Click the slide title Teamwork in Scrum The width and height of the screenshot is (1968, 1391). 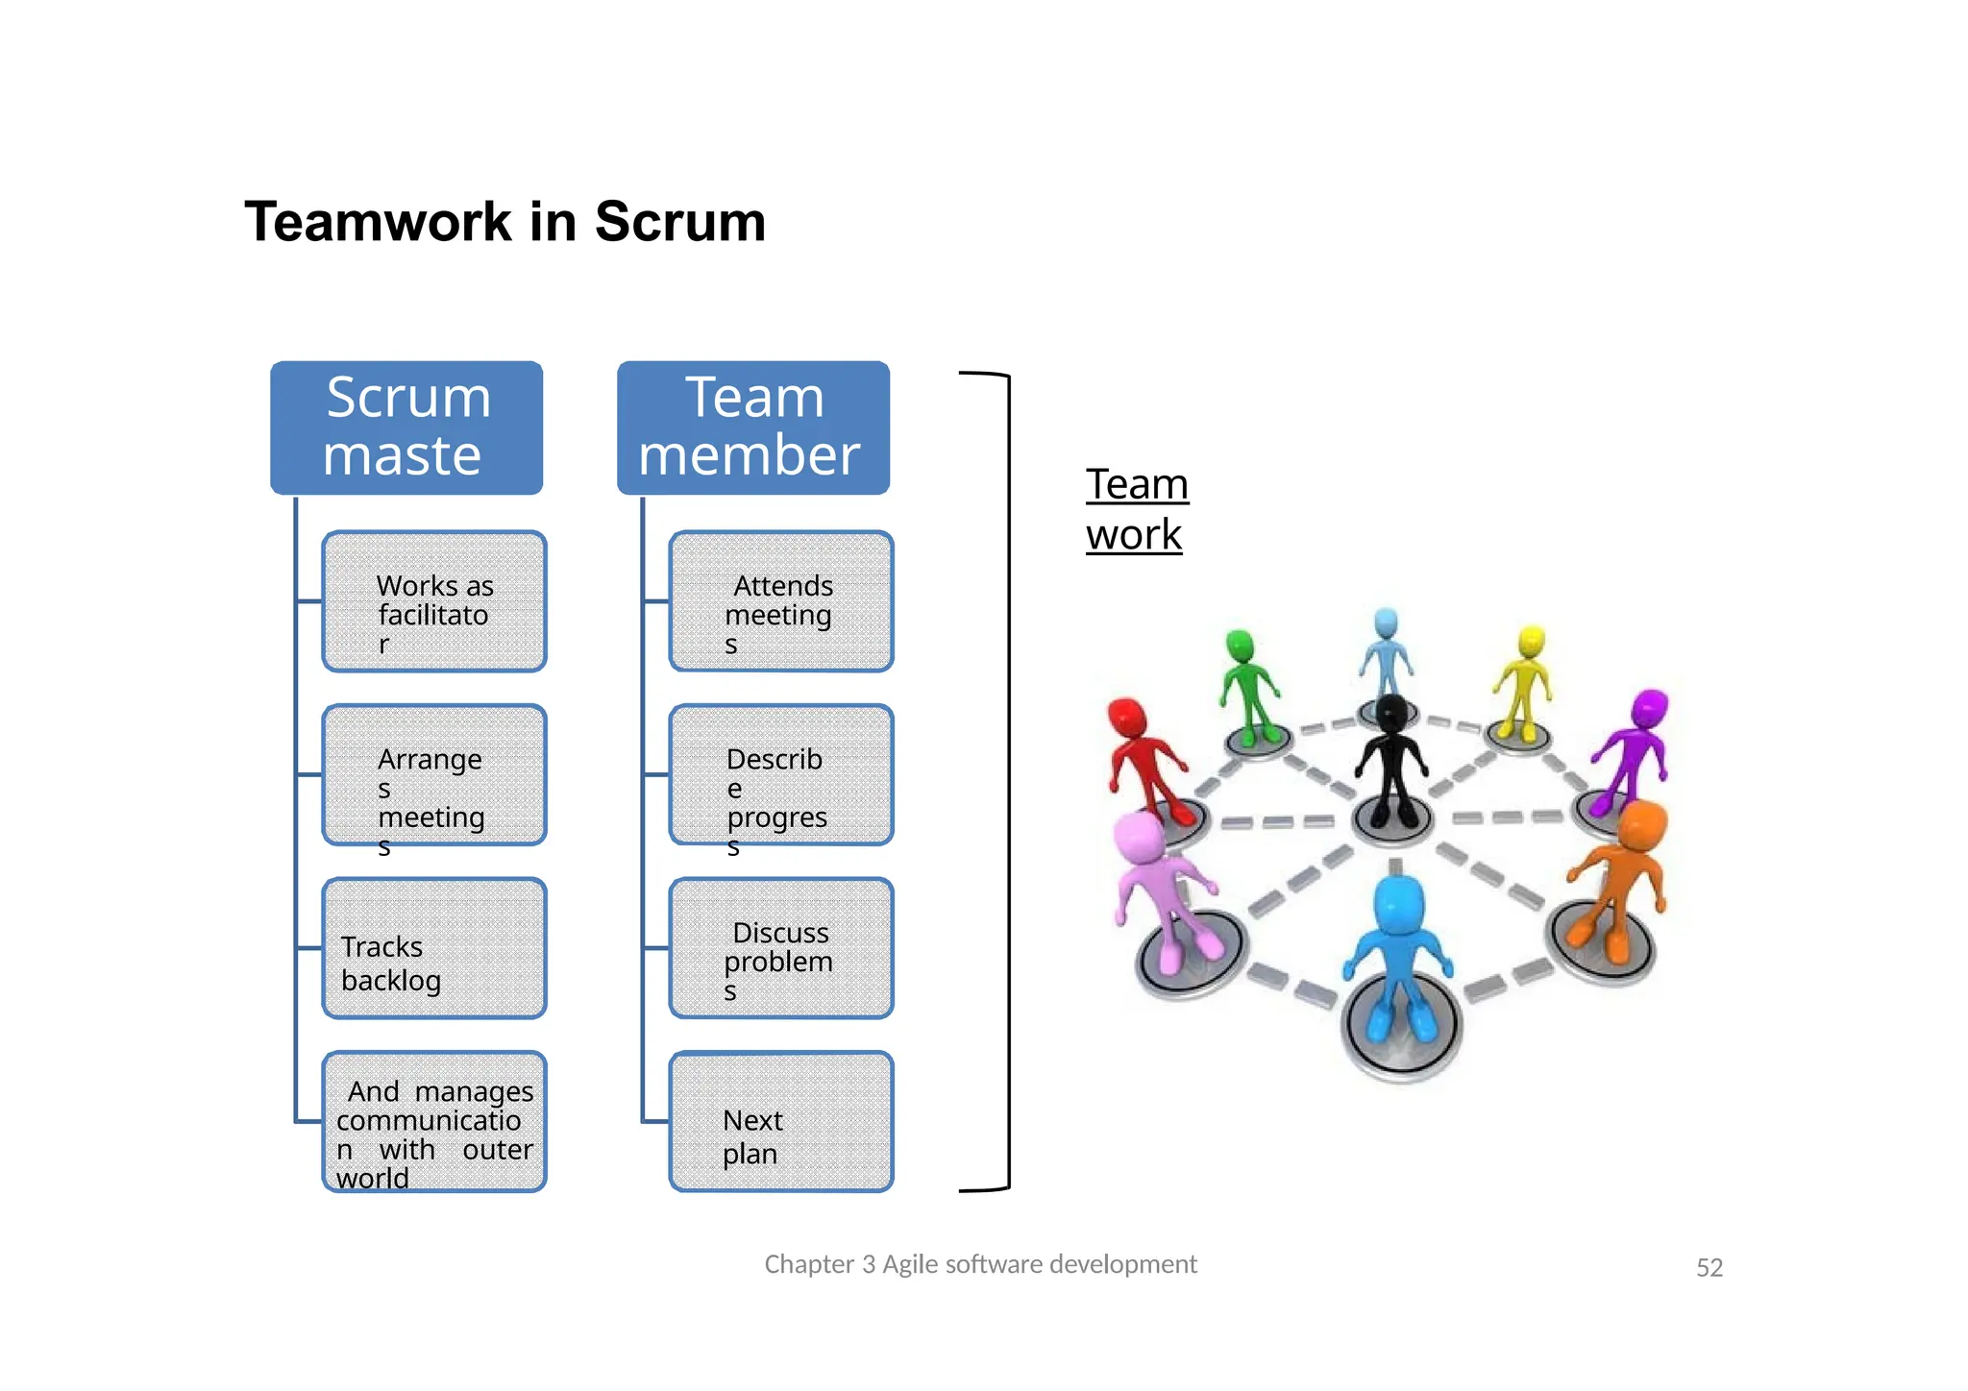pos(504,222)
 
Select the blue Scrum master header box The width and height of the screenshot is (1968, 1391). pos(406,427)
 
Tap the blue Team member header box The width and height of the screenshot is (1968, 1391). pos(752,427)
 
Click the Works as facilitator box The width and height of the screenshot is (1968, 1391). pos(434,602)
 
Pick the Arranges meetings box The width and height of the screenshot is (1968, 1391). pos(434,775)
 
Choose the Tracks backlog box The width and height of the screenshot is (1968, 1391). pos(434,948)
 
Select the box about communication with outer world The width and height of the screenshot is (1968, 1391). pos(434,1122)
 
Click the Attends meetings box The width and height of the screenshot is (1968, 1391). pos(780,602)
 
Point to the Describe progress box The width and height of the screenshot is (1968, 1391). pos(780,775)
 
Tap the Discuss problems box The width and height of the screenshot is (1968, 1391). pos(780,948)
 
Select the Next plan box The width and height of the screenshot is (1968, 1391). pos(780,1122)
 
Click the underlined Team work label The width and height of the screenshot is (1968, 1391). pos(1137,509)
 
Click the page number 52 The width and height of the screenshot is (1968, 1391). pos(1709,1268)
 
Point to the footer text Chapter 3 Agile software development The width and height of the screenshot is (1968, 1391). pos(980,1264)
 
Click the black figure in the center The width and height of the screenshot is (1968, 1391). pos(1390,759)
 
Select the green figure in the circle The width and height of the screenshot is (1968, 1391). pos(1247,687)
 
